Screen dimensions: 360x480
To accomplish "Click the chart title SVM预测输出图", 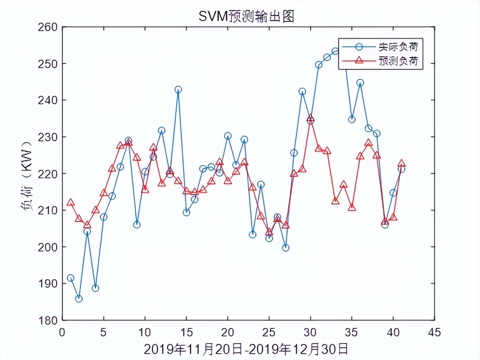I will (x=246, y=16).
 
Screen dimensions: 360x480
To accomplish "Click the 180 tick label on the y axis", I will (x=50, y=320).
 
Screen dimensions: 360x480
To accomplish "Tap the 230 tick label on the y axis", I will (x=50, y=137).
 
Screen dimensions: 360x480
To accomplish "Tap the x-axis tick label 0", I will (x=62, y=333).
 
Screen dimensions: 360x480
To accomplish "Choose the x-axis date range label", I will (x=246, y=349).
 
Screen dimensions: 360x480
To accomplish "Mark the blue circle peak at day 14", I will (x=178, y=90).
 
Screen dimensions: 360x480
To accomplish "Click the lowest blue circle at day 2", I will (x=79, y=299).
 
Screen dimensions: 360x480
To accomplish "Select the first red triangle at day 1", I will (x=71, y=202).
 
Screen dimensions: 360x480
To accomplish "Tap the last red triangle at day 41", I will (x=401, y=163).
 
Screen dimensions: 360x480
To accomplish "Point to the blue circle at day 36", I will (x=360, y=82).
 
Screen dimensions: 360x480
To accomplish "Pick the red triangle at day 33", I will (x=335, y=201).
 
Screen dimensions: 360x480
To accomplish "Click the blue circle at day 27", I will (x=286, y=248).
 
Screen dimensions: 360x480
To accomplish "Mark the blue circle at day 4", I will (x=95, y=288).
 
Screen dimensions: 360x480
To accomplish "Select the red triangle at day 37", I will (x=368, y=143).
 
